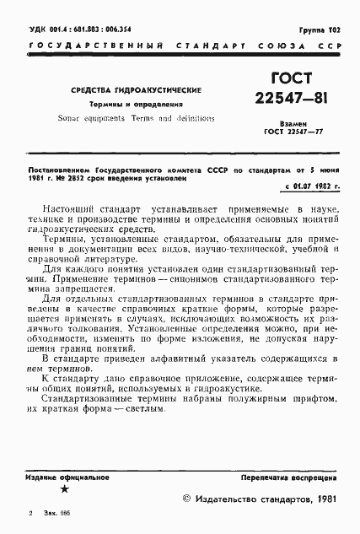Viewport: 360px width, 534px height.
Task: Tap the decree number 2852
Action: [78, 178]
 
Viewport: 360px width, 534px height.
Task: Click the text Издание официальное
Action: [67, 477]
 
